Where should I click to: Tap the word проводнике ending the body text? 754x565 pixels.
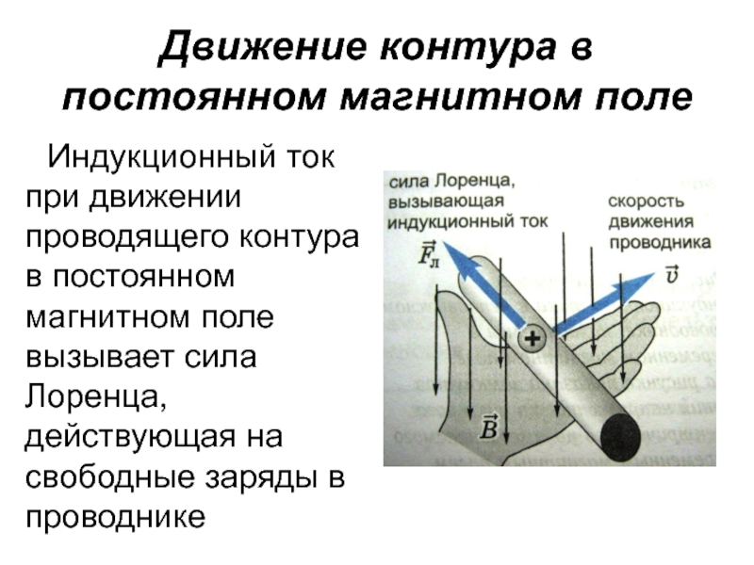click(115, 519)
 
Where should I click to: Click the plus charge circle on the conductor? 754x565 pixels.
click(533, 339)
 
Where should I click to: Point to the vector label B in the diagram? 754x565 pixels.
click(489, 427)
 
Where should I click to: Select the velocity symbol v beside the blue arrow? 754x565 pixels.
click(670, 273)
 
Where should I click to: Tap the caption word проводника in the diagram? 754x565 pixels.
click(657, 242)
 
